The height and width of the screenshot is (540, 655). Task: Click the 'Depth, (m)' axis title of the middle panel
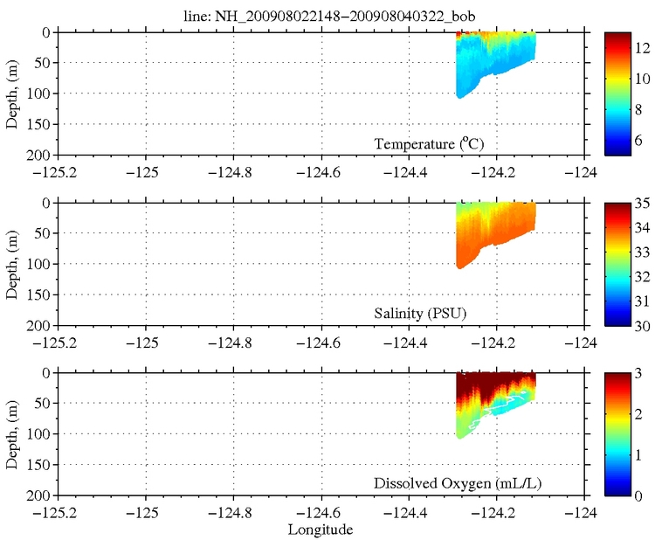[x=11, y=264]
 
